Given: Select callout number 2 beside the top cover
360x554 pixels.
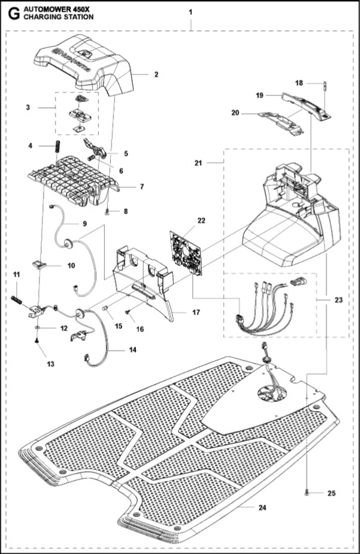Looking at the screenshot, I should pyautogui.click(x=156, y=75).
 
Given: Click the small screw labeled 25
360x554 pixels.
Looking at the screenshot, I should pyautogui.click(x=306, y=493).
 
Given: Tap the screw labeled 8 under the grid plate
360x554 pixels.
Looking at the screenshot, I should pyautogui.click(x=107, y=211).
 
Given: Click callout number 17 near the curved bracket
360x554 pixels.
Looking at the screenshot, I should pyautogui.click(x=197, y=312).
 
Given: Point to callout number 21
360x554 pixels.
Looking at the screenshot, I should pyautogui.click(x=199, y=162).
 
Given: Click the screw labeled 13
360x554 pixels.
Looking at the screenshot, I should pyautogui.click(x=37, y=341).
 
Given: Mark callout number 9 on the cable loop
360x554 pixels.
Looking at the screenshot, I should pyautogui.click(x=84, y=224).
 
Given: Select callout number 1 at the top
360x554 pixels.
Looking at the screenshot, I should pyautogui.click(x=190, y=13).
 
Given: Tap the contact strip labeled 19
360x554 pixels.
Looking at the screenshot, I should pyautogui.click(x=304, y=103).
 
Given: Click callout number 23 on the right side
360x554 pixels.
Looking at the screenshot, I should pyautogui.click(x=339, y=301).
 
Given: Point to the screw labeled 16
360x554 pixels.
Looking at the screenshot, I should pyautogui.click(x=128, y=311).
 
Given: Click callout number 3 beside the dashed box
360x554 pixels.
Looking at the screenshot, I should pyautogui.click(x=28, y=107).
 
